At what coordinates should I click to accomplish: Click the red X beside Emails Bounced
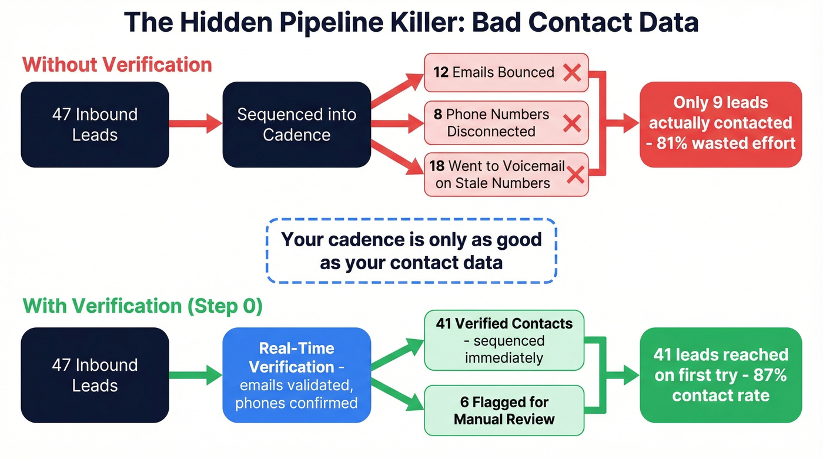coord(571,73)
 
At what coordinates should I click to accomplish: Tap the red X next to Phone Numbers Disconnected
coord(571,123)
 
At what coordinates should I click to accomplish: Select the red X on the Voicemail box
coord(576,175)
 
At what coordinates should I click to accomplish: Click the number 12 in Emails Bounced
coord(441,72)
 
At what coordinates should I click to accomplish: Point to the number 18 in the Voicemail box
coord(437,166)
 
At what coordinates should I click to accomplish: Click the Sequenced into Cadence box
coord(296,124)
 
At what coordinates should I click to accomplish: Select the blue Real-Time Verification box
coord(296,375)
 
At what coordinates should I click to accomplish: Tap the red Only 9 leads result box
coord(720,123)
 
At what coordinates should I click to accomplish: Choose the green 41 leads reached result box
coord(720,375)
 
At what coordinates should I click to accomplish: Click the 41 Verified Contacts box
coord(504,340)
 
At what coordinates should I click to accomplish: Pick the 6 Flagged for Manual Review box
coord(504,410)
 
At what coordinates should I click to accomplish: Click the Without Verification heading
coord(117,64)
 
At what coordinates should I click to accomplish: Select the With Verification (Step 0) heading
coord(142,306)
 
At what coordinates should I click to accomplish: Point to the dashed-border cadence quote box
coord(411,251)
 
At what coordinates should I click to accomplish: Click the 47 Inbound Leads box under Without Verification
coord(95,124)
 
